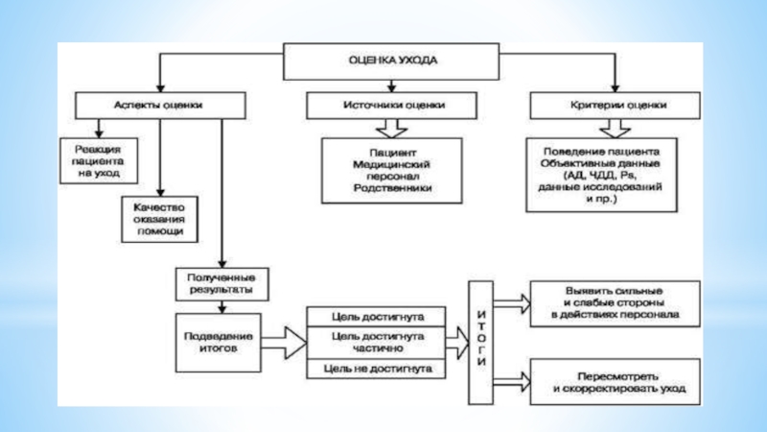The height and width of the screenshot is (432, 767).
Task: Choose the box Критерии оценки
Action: pyautogui.click(x=615, y=105)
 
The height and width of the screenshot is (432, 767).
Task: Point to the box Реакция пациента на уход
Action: pyautogui.click(x=98, y=159)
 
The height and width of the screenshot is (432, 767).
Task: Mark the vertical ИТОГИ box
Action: pyautogui.click(x=480, y=340)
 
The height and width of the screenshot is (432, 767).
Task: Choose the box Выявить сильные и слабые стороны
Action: pyautogui.click(x=608, y=302)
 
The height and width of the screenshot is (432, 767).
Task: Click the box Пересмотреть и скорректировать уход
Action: pyautogui.click(x=608, y=385)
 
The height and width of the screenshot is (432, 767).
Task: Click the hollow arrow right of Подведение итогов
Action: pyautogui.click(x=281, y=341)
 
